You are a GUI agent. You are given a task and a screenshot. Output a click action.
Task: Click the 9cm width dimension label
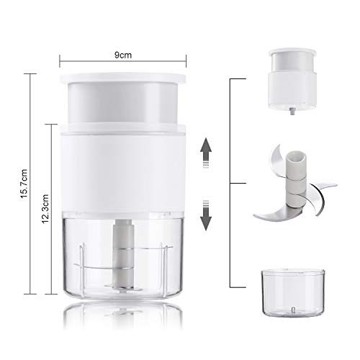123,55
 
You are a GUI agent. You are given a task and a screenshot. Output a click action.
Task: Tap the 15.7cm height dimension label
24,184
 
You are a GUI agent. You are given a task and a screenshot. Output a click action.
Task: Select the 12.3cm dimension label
45,209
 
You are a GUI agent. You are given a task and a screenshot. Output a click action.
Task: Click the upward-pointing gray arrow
206,153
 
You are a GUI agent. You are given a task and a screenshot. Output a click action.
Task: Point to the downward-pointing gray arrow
206,215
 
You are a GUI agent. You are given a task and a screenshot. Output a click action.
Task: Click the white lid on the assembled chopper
123,79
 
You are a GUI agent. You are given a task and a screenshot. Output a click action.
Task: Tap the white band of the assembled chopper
123,168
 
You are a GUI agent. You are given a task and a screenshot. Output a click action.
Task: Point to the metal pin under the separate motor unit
292,111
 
